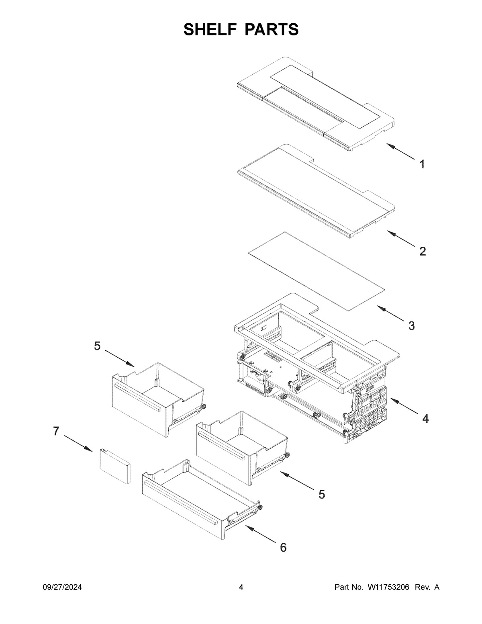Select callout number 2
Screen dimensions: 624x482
(422, 252)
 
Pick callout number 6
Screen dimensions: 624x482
(283, 547)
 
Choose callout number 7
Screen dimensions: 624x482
(56, 432)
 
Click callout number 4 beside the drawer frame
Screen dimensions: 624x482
(425, 419)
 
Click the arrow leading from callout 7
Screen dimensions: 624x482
(79, 443)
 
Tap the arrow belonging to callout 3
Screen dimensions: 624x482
(391, 315)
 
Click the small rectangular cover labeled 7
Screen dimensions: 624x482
(115, 466)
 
